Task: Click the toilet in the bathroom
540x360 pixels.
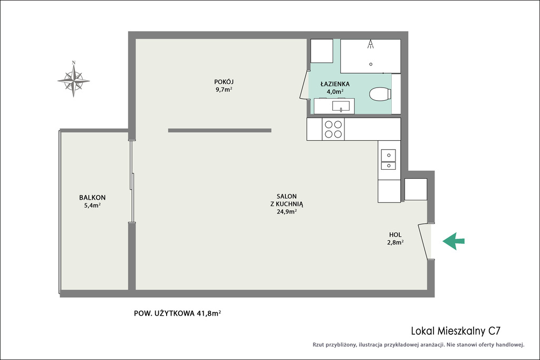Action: [380, 94]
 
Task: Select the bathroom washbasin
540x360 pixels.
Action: [341, 105]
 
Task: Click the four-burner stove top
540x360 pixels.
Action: [333, 129]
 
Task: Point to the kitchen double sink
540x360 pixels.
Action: [389, 160]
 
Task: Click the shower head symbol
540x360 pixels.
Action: [371, 44]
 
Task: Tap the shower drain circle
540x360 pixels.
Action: [371, 64]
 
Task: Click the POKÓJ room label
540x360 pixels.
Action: [224, 82]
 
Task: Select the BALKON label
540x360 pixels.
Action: [92, 198]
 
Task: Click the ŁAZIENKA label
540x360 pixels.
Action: [335, 84]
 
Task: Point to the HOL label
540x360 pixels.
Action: [395, 235]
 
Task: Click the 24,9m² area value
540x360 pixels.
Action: [287, 211]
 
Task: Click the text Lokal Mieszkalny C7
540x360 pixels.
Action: [456, 330]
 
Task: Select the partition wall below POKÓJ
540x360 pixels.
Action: [220, 130]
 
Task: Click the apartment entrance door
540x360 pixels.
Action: [425, 241]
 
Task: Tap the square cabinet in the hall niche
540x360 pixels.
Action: [416, 189]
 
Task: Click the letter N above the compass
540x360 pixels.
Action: [73, 63]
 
